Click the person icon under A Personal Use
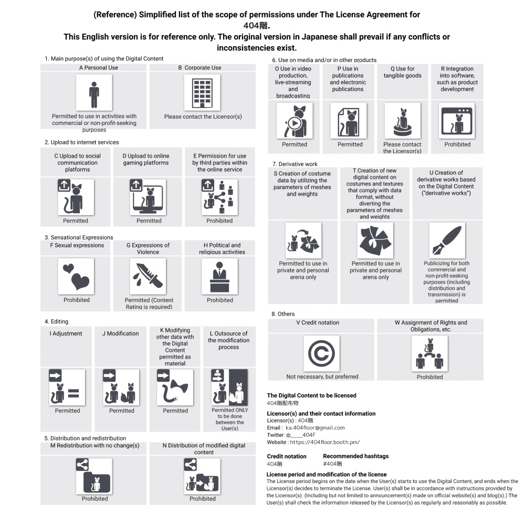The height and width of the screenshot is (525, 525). (94, 93)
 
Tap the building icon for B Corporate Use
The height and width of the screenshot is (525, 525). (202, 93)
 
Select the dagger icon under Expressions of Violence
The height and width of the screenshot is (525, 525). (148, 276)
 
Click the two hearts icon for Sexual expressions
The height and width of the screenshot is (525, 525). (76, 276)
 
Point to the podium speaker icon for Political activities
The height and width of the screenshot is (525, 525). (219, 276)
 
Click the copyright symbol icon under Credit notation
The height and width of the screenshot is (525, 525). (321, 353)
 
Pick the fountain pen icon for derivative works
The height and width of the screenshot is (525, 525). (447, 240)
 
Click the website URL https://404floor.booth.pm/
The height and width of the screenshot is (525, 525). (324, 443)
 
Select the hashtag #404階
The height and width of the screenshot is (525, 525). (333, 464)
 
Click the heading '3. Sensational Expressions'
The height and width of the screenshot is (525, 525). (79, 237)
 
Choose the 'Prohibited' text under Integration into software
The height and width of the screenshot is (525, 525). (457, 144)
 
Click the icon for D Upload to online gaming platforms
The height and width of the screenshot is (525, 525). (149, 197)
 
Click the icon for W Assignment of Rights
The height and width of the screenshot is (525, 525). (430, 353)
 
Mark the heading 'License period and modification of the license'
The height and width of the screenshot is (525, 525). (327, 475)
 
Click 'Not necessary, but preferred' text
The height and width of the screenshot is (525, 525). (322, 376)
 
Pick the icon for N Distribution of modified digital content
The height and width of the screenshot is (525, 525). (202, 476)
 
